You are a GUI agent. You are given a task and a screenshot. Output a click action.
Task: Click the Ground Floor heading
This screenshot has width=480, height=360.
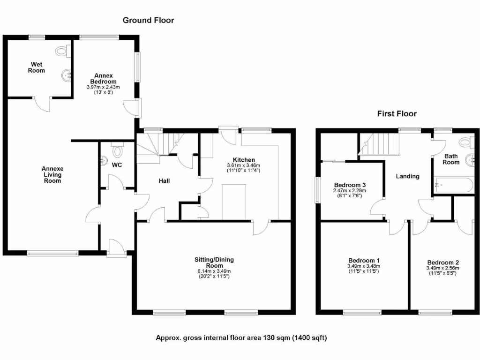[x=148, y=20]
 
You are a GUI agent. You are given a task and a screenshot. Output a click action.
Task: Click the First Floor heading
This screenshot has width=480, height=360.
[x=397, y=113]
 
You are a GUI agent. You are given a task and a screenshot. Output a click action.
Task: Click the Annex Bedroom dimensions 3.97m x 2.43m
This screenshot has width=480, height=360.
[x=103, y=87]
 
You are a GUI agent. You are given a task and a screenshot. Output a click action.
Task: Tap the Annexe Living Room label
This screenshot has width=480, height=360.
[x=52, y=174]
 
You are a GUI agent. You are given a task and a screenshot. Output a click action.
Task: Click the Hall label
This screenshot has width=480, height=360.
[x=164, y=180]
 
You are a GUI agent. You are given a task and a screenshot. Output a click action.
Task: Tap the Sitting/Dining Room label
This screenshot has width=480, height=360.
[x=214, y=262]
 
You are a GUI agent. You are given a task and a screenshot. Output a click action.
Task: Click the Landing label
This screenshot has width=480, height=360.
[x=407, y=176]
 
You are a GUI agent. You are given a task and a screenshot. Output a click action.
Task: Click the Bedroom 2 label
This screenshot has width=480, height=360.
[x=443, y=262]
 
